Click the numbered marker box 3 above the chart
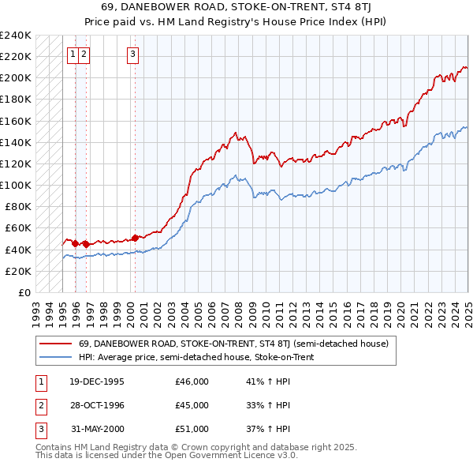point(132,54)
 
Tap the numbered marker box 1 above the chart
point(73,54)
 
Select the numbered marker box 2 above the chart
point(84,54)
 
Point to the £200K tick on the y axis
point(16,77)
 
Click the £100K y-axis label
point(16,185)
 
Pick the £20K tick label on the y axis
point(18,271)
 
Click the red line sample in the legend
point(54,344)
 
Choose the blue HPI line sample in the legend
point(54,357)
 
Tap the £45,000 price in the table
point(192,405)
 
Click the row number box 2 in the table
point(39,405)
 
